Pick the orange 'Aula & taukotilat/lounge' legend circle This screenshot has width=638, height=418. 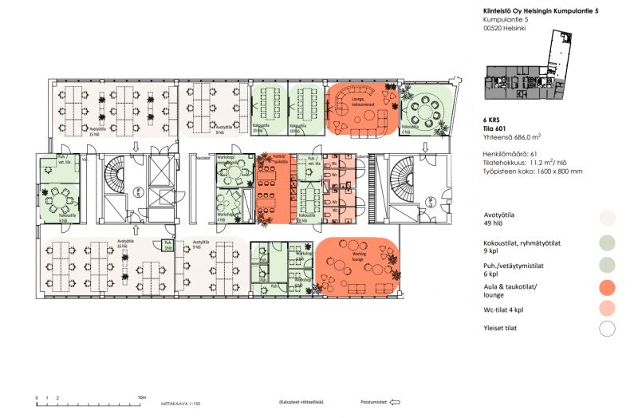(608, 288)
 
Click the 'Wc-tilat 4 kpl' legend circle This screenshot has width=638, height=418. (608, 308)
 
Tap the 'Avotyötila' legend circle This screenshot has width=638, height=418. (608, 217)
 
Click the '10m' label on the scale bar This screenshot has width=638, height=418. (140, 396)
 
